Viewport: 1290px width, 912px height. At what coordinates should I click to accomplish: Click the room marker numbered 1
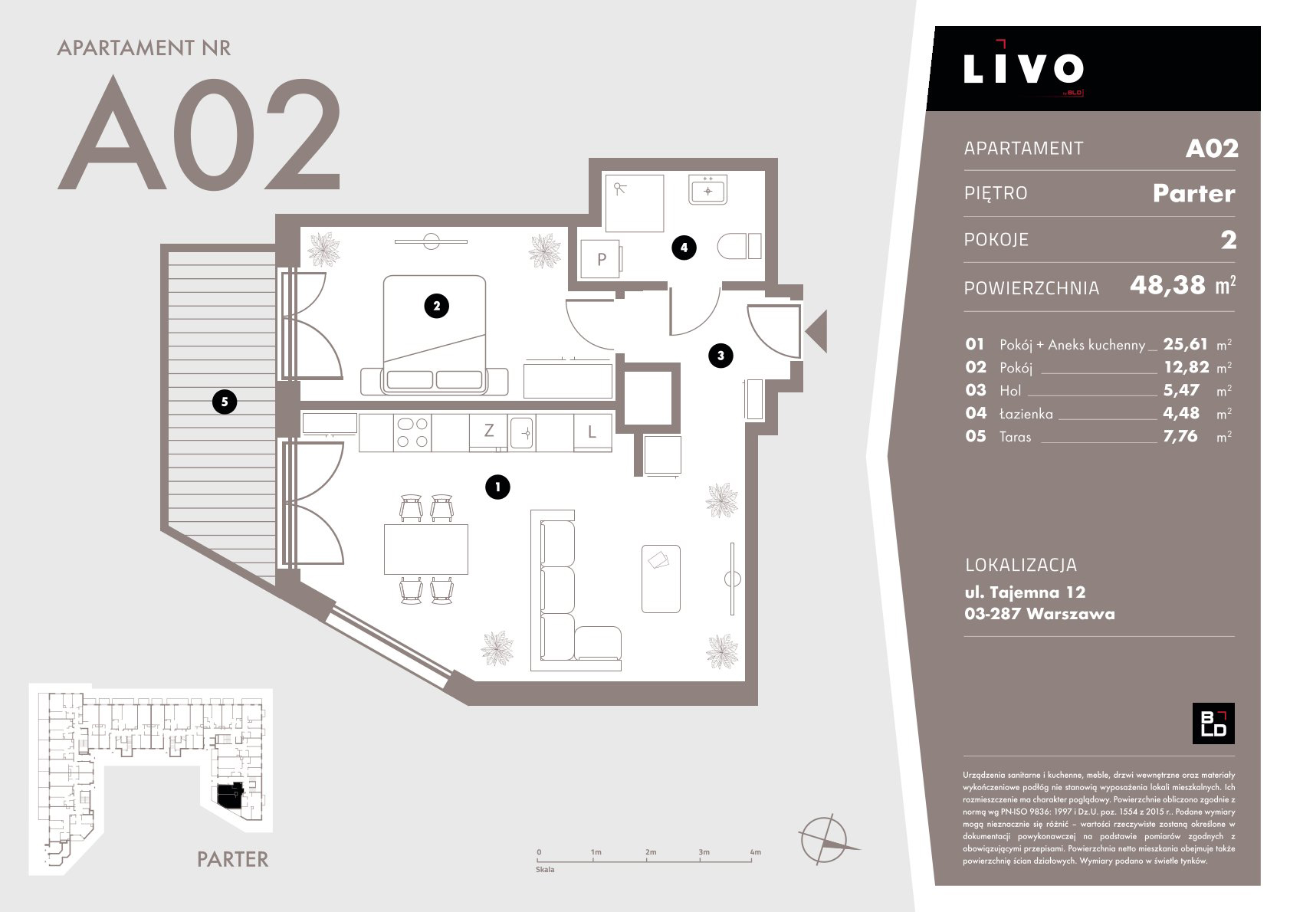497,487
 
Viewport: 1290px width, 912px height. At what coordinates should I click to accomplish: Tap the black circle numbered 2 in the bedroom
437,306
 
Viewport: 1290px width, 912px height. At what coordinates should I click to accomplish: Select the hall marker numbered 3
720,356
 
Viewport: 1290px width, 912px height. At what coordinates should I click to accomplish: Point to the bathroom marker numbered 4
684,248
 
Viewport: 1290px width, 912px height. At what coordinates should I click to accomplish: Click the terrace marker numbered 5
225,402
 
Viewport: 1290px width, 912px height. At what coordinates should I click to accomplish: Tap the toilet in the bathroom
740,247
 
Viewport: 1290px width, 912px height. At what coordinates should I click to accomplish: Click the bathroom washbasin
707,189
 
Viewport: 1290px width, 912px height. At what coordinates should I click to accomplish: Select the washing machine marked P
600,258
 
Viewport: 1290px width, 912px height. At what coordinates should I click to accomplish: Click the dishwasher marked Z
488,431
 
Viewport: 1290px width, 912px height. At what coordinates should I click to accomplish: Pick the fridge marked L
592,432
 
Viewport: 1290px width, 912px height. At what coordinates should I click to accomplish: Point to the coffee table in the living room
661,579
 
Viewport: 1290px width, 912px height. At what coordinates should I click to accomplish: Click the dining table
426,549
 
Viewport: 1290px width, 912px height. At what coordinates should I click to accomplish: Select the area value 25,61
1185,344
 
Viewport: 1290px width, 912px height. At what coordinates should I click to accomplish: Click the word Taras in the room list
1016,437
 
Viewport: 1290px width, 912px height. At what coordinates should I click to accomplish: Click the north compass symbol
826,839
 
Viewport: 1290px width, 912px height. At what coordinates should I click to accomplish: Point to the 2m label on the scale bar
651,852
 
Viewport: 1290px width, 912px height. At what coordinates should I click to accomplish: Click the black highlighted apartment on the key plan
230,795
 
